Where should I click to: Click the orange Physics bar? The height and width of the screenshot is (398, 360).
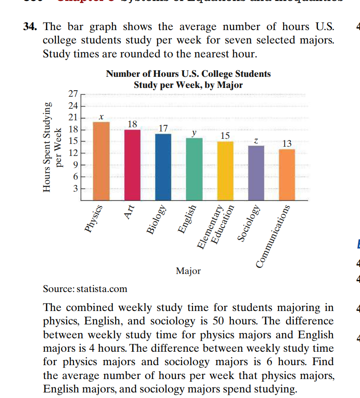coord(101,161)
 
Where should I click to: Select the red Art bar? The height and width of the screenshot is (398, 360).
coord(132,165)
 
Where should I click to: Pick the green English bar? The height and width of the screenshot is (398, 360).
coord(194,169)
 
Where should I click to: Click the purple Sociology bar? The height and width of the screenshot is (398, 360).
coord(256,173)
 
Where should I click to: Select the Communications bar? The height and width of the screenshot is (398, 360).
coord(287,174)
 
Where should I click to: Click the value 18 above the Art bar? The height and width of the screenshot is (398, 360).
coord(132,124)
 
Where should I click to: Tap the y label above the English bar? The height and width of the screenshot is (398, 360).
coord(194,132)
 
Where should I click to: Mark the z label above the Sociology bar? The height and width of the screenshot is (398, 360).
coord(256,140)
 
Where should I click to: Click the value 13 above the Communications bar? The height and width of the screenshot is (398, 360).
coord(287,143)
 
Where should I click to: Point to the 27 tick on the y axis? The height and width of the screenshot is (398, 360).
coord(73,94)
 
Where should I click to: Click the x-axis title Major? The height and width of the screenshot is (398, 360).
coord(188,271)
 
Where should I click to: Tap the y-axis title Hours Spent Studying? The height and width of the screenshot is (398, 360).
coord(46,148)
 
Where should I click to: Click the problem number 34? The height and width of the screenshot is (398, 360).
coord(31,27)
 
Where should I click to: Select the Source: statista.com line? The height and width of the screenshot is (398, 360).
coord(85,289)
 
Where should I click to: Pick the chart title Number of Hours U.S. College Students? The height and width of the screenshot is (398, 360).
coord(188,74)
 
